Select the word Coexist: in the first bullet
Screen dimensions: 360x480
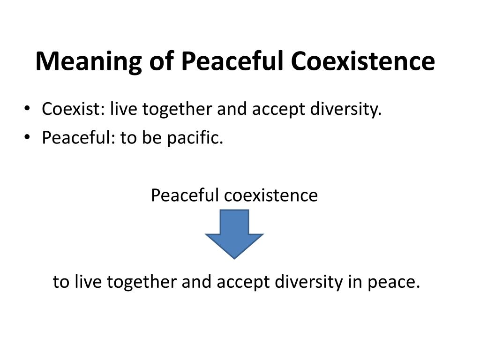(72, 110)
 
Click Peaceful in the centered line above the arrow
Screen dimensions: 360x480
(185, 195)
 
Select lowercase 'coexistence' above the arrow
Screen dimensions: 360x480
(271, 195)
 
